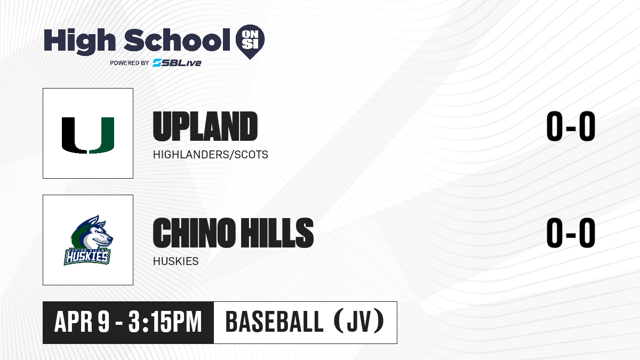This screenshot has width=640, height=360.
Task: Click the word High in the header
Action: (79, 41)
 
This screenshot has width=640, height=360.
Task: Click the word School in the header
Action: (177, 40)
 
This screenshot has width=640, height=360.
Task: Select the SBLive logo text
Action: (177, 63)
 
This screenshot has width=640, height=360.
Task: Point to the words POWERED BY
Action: (130, 63)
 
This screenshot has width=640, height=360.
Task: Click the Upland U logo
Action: (88, 135)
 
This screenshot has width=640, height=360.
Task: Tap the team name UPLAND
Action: (205, 126)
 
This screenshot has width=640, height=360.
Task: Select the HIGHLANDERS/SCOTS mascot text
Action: (210, 155)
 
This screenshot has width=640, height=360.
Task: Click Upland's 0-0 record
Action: (571, 126)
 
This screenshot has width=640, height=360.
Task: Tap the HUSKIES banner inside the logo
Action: (87, 257)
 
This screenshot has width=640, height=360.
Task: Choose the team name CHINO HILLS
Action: (233, 233)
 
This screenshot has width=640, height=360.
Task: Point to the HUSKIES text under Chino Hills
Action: (175, 261)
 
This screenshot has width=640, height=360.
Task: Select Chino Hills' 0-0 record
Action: (571, 233)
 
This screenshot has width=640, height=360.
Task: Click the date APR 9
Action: (82, 322)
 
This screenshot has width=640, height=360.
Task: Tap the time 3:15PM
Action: (165, 322)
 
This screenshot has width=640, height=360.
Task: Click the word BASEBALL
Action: (274, 322)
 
